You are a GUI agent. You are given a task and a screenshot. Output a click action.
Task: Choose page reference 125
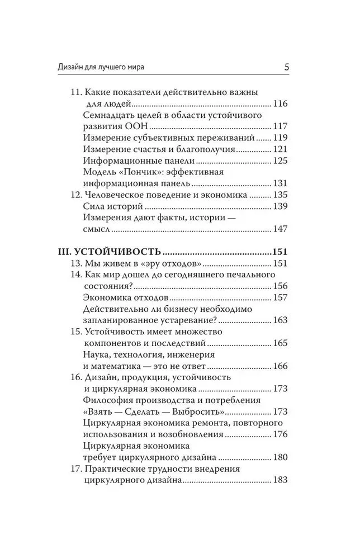pyautogui.click(x=280, y=161)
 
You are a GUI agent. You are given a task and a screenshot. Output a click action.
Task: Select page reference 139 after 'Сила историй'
pyautogui.click(x=280, y=207)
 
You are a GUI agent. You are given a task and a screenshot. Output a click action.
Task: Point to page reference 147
pyautogui.click(x=280, y=229)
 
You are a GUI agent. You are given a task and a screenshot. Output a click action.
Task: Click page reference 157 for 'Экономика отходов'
pyautogui.click(x=280, y=297)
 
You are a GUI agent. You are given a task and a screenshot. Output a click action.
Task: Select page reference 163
pyautogui.click(x=280, y=320)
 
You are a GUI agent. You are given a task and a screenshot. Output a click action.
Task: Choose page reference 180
pyautogui.click(x=280, y=457)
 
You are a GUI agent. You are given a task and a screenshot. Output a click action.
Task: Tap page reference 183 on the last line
pyautogui.click(x=280, y=480)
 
